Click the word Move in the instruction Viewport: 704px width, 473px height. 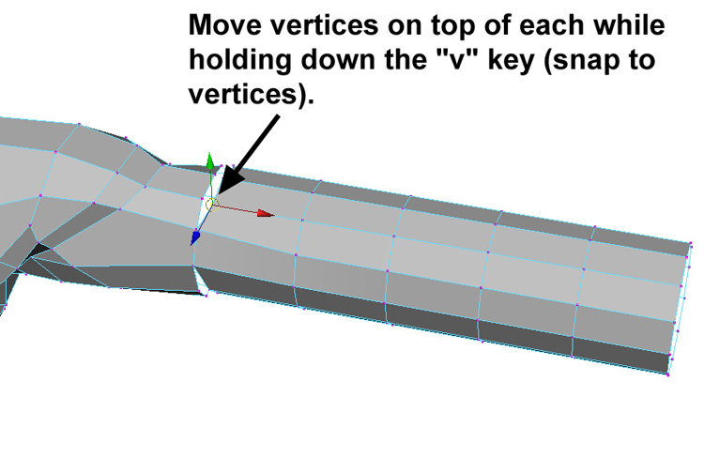point(225,24)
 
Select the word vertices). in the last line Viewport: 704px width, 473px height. point(251,95)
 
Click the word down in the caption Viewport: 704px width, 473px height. point(340,60)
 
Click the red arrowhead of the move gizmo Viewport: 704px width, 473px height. point(266,213)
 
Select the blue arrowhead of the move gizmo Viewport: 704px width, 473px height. point(195,237)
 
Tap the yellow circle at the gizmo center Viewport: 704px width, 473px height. point(211,205)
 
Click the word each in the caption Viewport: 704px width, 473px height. point(551,24)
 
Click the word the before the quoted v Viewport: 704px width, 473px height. point(407,60)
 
